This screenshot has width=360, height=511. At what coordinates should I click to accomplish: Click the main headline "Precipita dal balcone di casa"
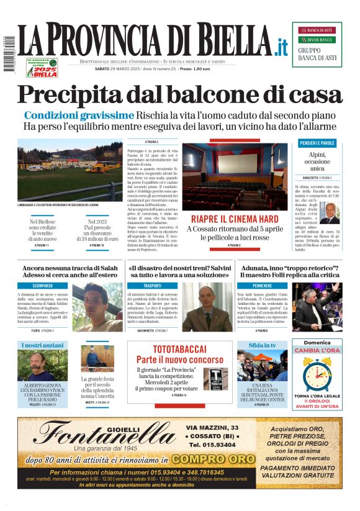coord(179,94)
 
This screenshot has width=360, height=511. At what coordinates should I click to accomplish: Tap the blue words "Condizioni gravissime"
coord(79,115)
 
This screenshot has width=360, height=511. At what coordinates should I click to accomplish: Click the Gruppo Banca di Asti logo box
coord(317,45)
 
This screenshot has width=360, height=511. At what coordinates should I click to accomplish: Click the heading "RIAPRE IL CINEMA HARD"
coord(235,220)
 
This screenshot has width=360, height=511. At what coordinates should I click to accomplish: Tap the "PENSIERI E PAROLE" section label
coord(317,143)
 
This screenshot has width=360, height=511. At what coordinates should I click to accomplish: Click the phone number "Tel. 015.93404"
coord(212,445)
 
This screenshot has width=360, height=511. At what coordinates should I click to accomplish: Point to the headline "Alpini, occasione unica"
coord(317,161)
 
